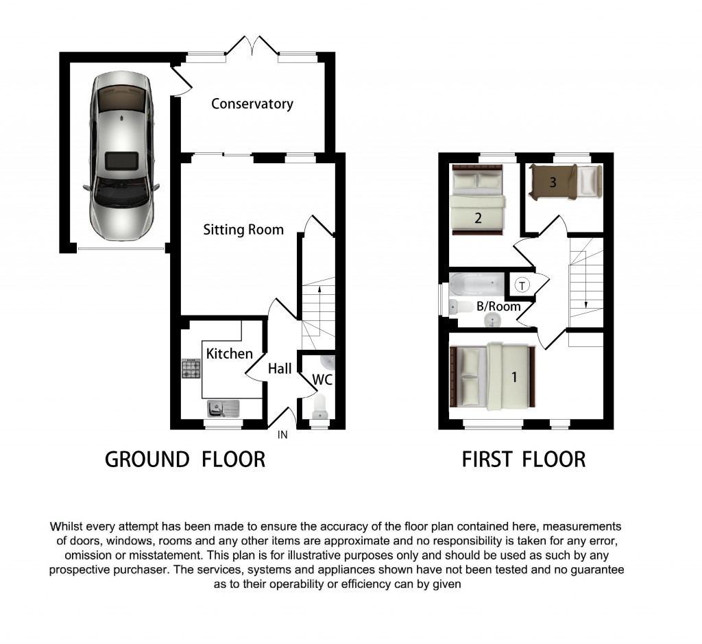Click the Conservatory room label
pos(252,104)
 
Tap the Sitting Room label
pos(243,230)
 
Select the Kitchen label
pos(229,354)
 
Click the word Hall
pos(280,369)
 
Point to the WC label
pos(322,379)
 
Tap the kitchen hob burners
pos(191,370)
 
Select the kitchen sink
pos(223,409)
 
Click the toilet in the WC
pos(320,409)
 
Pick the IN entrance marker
pos(282,435)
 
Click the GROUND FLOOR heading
pos(184,459)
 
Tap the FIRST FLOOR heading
pos(524,459)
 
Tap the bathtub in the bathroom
pos(476,283)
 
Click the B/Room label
pos(498,307)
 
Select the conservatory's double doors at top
pos(252,47)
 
